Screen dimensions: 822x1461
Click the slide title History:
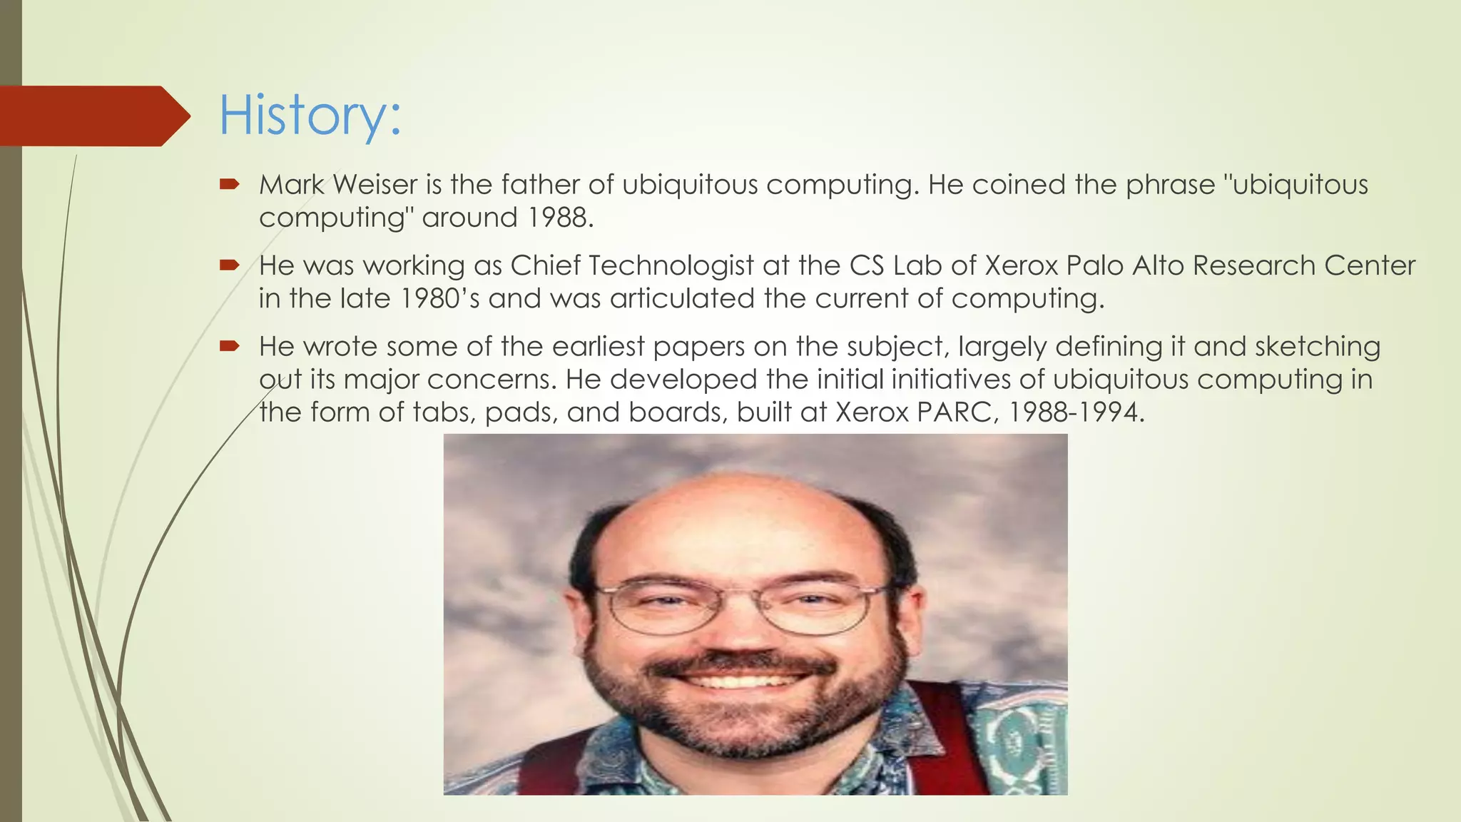(x=310, y=116)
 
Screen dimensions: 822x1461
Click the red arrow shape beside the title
(x=93, y=116)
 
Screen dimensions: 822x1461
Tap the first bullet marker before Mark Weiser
(x=229, y=185)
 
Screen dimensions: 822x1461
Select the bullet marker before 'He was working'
(x=229, y=265)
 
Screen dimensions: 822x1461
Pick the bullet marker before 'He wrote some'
(x=229, y=347)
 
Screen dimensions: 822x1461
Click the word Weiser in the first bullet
(x=375, y=185)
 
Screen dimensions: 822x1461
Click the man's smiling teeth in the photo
(x=742, y=679)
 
